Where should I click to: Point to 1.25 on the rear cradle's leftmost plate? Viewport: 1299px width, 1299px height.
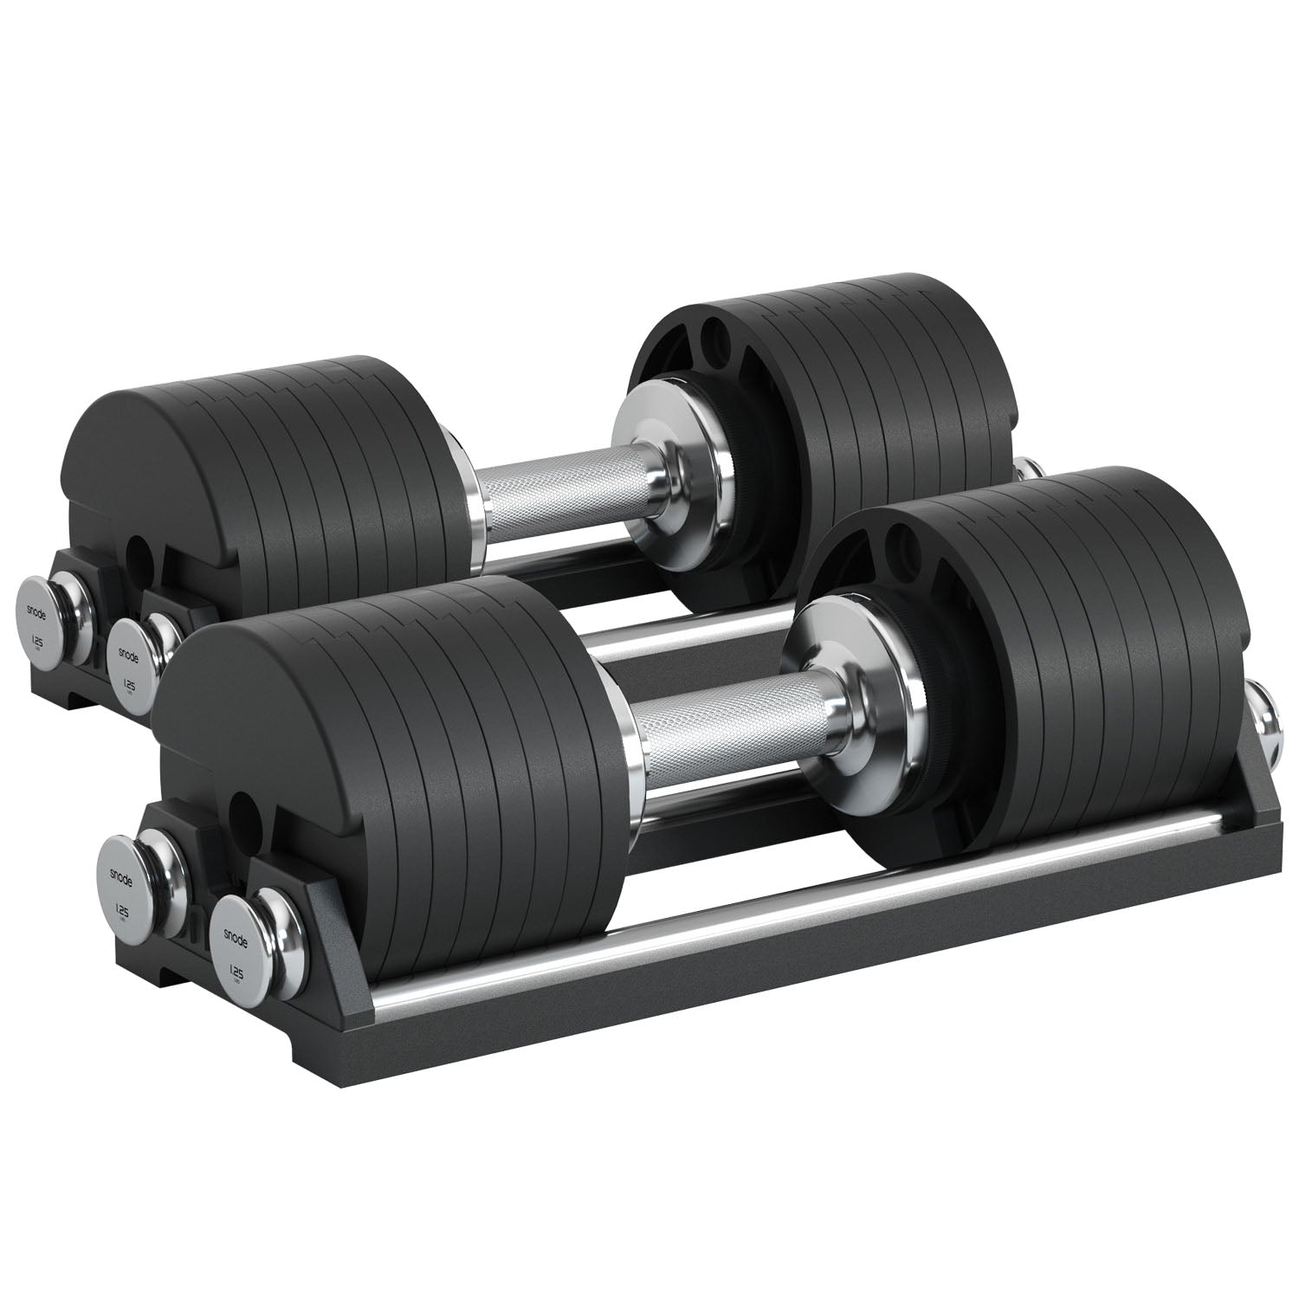pos(38,642)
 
